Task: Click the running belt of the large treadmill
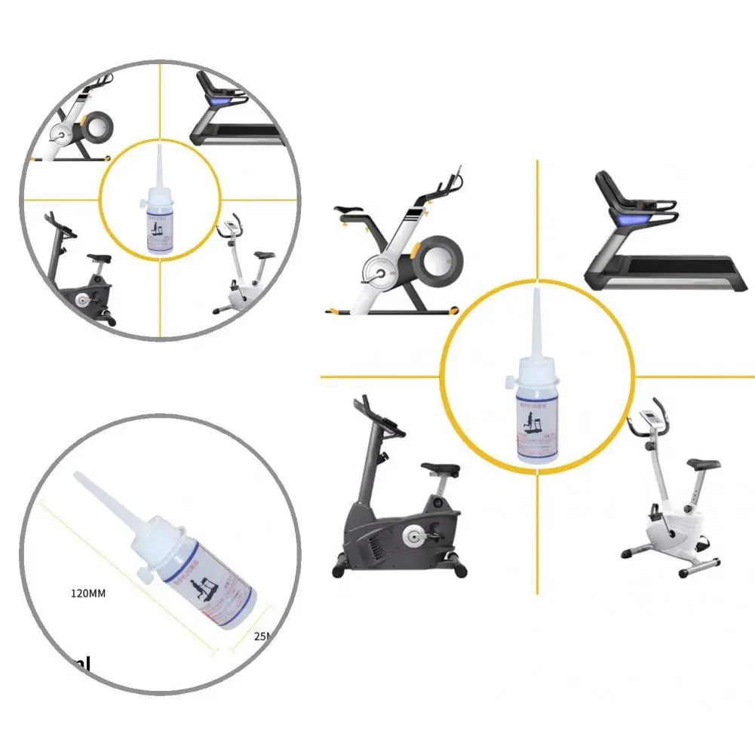pyautogui.click(x=664, y=265)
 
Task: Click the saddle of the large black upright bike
pyautogui.click(x=440, y=468)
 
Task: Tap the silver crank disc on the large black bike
pyautogui.click(x=411, y=537)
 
